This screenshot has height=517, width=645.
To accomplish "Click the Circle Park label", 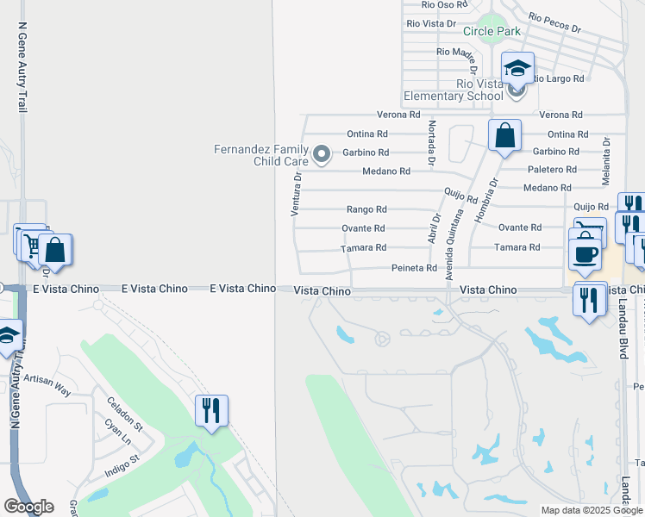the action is point(492,32).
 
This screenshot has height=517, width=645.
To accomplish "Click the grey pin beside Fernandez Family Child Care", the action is point(322,154).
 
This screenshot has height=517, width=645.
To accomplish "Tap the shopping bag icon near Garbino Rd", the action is point(504,136).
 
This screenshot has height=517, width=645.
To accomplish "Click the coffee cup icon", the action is point(586,254).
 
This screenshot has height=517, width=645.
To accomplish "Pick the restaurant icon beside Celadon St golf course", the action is point(211,410).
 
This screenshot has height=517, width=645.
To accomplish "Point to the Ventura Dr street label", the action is point(296,194).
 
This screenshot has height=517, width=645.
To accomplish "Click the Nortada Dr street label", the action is point(430,143).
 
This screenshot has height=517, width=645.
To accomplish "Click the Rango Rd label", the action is point(366,209).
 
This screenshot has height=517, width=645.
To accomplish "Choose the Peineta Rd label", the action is point(414,269).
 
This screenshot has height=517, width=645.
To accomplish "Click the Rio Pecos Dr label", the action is point(554,22).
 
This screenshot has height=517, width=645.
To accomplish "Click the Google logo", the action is point(28,507).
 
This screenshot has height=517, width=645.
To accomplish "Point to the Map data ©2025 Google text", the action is point(592,510).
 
